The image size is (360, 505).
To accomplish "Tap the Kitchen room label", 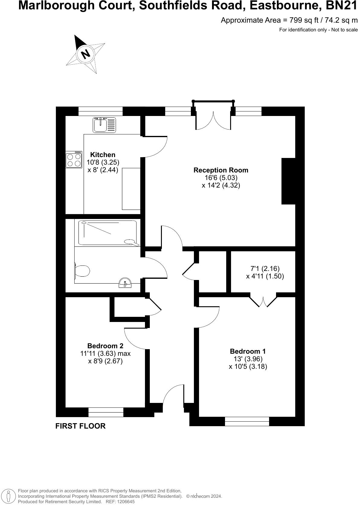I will pos(103,155).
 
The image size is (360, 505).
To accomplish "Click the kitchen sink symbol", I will pos(104,125).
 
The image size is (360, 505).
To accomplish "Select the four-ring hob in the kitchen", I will pos(74,160).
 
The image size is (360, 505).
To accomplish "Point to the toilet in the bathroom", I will pos(82,271).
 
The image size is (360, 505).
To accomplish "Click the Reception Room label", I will pos(221,170).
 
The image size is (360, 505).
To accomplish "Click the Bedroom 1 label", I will pos(248,351).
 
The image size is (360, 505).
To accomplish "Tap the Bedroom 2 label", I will pos(105,346).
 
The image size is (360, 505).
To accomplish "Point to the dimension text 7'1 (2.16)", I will pos(265,268).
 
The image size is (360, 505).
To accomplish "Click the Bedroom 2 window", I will pos(106,412).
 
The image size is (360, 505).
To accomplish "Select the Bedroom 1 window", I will pos(247,421).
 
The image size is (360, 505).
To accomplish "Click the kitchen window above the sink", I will pos(101,111).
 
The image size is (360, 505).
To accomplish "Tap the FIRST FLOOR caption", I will pos(80,426).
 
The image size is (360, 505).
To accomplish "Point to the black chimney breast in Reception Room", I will pos(288,181).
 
